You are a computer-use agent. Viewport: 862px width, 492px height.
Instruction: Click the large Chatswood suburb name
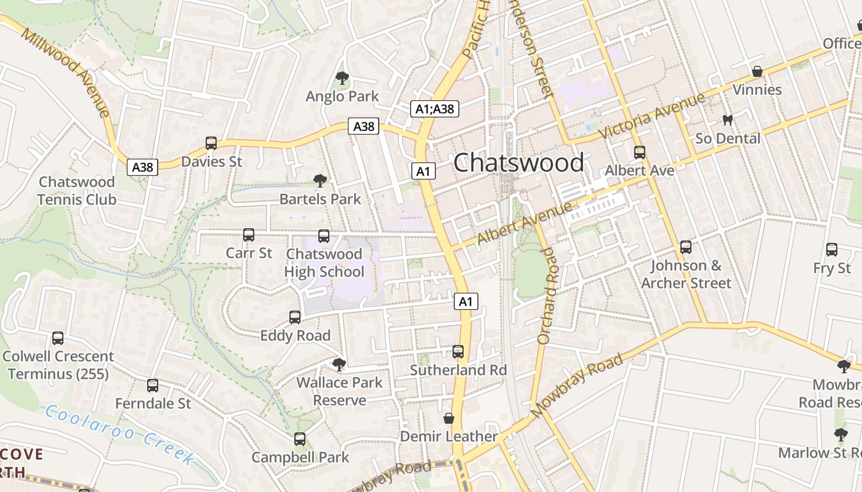(x=518, y=163)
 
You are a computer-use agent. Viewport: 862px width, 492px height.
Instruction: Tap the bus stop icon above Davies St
(x=211, y=143)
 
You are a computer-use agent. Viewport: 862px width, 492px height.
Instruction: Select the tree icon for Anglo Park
(x=342, y=78)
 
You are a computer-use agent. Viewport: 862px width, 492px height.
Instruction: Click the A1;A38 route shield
(x=435, y=109)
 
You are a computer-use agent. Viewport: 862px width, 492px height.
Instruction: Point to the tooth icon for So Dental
(x=728, y=120)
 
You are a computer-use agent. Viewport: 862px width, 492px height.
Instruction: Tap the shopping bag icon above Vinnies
(x=757, y=71)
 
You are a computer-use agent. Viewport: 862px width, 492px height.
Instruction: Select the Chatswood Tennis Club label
(x=77, y=191)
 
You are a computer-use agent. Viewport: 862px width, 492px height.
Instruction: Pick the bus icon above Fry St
(x=832, y=249)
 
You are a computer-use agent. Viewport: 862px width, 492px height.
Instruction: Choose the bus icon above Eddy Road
(x=295, y=317)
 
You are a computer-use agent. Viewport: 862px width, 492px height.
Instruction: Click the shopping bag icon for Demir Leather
(x=449, y=418)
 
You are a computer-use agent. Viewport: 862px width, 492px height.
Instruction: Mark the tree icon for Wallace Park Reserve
(x=339, y=365)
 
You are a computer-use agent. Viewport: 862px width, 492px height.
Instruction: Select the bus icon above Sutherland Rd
(x=458, y=351)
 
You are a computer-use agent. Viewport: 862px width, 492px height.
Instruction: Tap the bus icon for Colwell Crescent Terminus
(x=58, y=338)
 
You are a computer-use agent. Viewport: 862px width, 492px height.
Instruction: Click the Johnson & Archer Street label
(x=686, y=274)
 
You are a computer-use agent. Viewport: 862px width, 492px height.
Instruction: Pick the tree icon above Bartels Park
(x=320, y=180)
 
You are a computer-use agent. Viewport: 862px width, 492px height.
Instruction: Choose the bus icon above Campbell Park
(x=300, y=439)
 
